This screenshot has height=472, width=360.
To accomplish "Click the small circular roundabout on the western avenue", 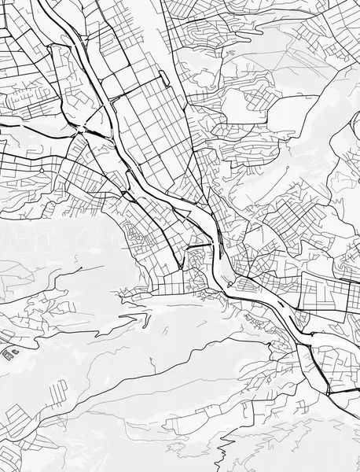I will [41, 169].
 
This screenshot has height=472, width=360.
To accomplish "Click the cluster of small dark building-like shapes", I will [9, 353].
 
